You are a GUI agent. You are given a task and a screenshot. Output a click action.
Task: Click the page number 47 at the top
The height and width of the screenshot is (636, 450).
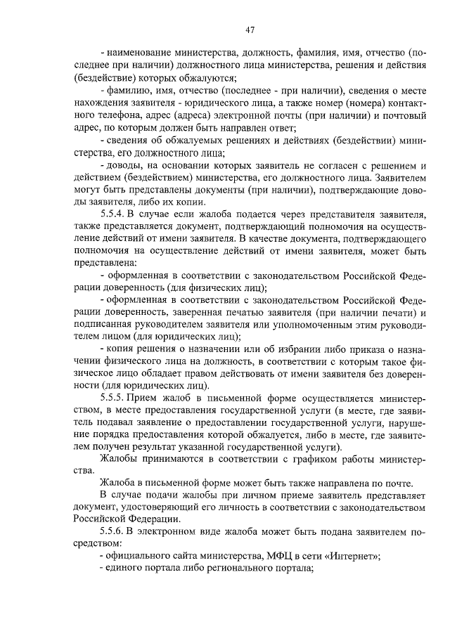point(250,30)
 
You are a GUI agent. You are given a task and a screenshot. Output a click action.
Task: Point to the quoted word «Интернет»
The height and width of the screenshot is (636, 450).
point(349,555)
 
